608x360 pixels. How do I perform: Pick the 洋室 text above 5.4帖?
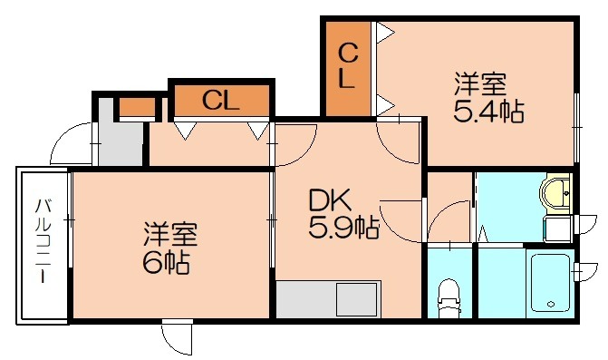[480, 85]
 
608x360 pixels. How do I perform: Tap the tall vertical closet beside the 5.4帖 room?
[348, 68]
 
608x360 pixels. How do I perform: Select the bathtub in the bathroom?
[546, 282]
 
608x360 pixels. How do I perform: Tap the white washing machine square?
[555, 227]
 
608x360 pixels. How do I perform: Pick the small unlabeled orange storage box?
[138, 107]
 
